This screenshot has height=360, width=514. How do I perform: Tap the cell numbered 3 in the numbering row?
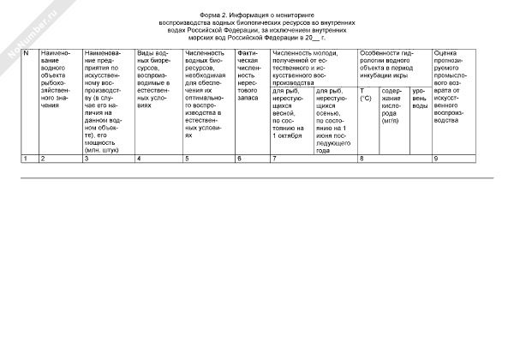[87, 159]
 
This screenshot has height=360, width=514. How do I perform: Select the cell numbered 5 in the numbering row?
[187, 159]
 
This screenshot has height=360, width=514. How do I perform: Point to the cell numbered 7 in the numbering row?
[274, 159]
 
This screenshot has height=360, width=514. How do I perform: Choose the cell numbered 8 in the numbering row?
[362, 159]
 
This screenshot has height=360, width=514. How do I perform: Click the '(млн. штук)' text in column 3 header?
[104, 150]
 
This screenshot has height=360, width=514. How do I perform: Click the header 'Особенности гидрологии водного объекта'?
[394, 64]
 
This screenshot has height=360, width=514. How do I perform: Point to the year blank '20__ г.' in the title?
[314, 39]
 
